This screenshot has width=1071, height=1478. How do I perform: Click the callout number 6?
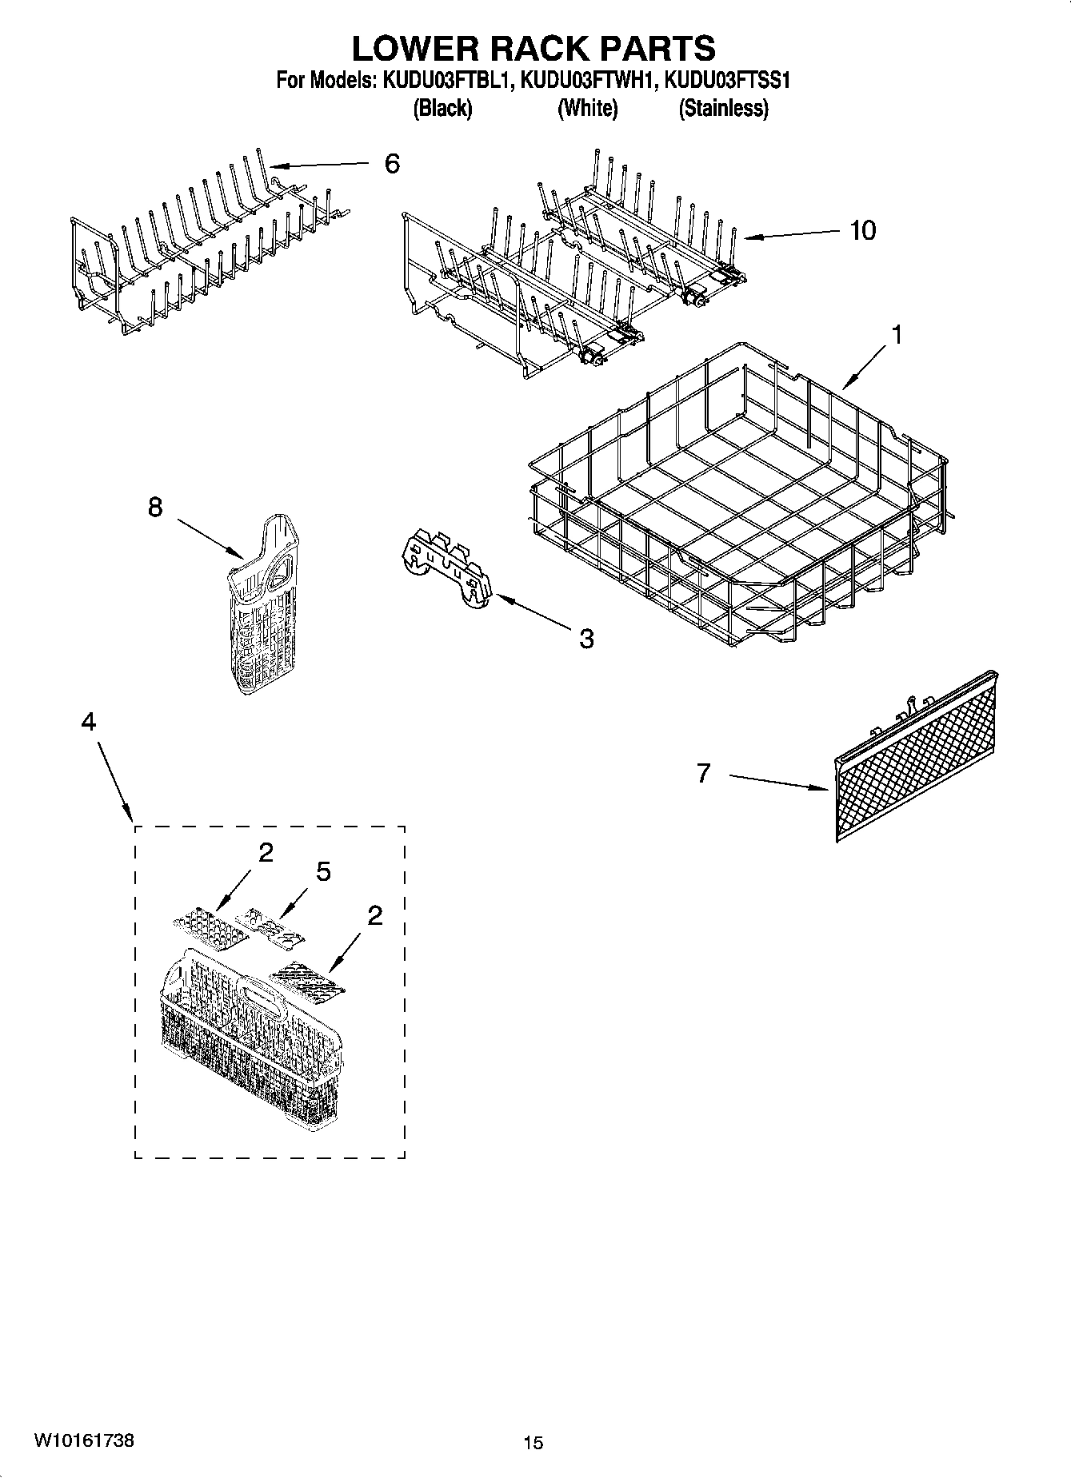[x=391, y=164]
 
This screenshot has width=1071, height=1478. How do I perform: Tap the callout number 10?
[x=862, y=230]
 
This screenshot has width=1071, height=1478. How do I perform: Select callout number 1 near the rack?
[x=897, y=336]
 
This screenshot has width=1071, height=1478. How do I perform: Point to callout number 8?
[x=155, y=507]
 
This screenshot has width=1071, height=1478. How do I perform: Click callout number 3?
[x=586, y=639]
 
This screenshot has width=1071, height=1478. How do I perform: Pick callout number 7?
[x=703, y=773]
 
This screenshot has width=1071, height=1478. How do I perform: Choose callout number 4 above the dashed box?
[x=88, y=722]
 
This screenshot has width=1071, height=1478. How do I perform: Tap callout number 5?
[x=323, y=871]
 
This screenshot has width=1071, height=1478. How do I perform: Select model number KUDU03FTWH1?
[x=592, y=80]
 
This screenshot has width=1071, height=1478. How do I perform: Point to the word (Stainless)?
[x=723, y=108]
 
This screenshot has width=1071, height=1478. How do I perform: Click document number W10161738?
[x=84, y=1441]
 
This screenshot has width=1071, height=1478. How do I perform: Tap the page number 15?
[x=534, y=1443]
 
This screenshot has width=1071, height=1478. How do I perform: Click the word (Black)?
[x=442, y=108]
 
